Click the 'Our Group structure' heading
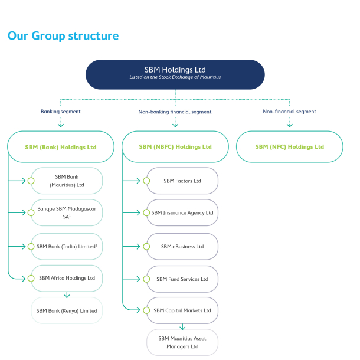(x=63, y=36)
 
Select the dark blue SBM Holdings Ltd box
(x=175, y=74)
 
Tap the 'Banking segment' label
(x=60, y=111)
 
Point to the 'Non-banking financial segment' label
(x=175, y=111)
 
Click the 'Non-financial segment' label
(x=289, y=111)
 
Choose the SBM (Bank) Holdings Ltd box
(x=61, y=146)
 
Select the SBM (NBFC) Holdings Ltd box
(x=175, y=146)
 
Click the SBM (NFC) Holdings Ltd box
(x=289, y=146)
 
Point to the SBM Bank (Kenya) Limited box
(x=67, y=310)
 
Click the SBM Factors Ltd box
(x=182, y=181)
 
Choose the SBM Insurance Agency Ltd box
(x=182, y=212)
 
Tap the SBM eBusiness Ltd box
(x=182, y=246)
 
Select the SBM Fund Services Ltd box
(x=182, y=279)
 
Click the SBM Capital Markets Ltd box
(x=182, y=310)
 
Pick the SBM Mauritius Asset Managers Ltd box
(x=182, y=343)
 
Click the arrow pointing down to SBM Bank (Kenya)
(x=67, y=294)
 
